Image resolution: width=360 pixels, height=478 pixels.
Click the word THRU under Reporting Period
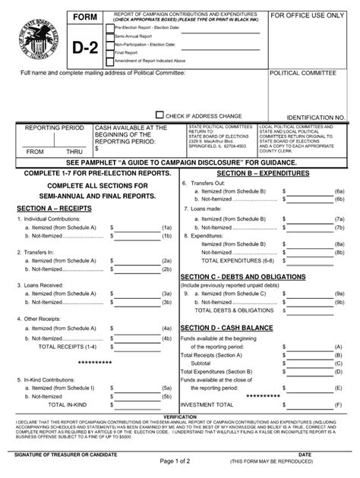pos(73,151)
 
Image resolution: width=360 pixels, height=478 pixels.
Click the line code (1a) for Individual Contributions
pos(166,226)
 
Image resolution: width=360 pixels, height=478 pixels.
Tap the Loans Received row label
pos(43,286)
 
